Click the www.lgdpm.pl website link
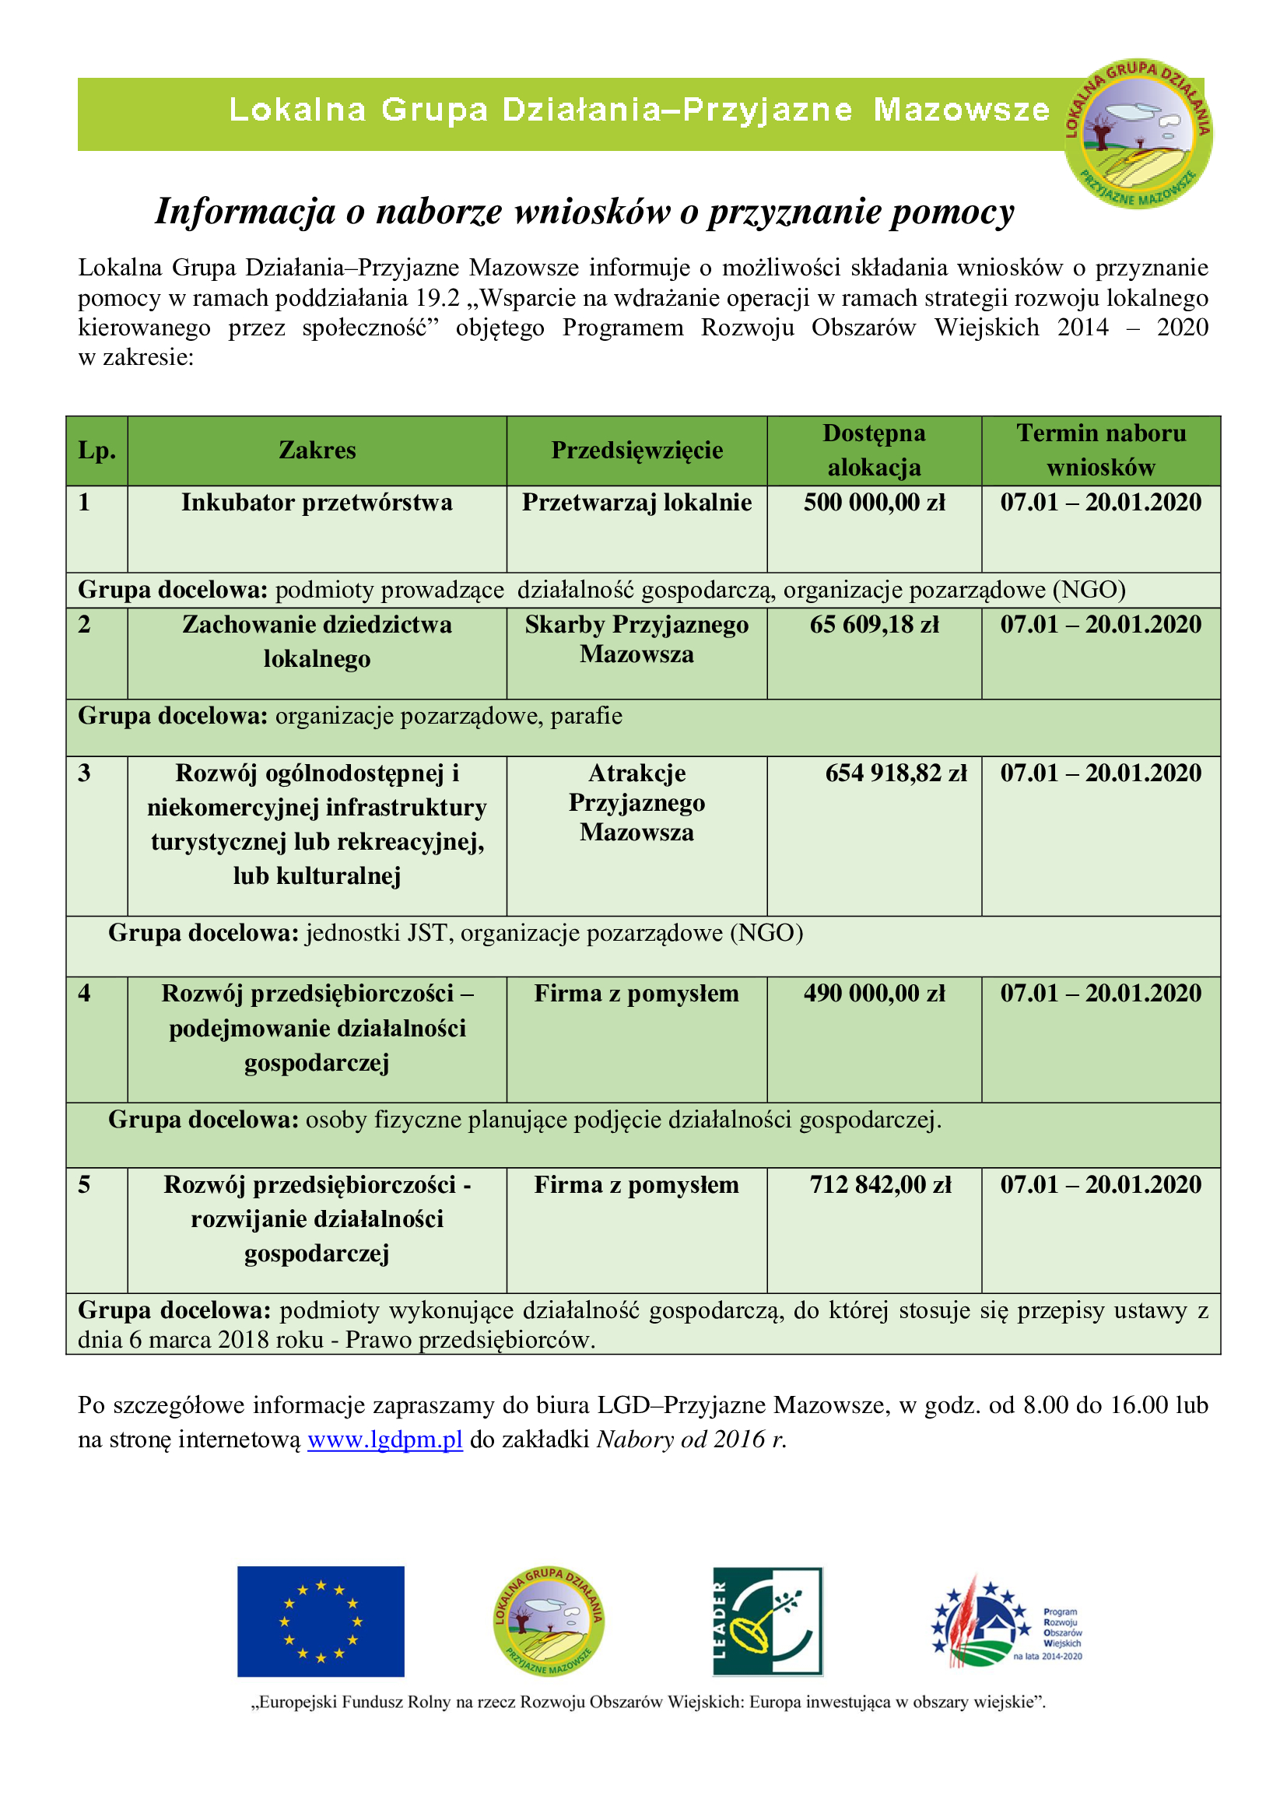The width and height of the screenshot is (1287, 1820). pos(384,1439)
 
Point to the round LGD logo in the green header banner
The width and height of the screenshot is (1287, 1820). pos(1138,133)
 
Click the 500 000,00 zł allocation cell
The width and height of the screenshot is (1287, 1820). pos(874,503)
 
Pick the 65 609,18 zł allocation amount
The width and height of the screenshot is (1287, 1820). pos(874,625)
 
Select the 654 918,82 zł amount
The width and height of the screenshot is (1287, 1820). pos(896,773)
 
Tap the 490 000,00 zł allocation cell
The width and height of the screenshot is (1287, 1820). pos(874,993)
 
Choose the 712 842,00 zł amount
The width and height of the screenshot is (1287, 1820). pos(880,1184)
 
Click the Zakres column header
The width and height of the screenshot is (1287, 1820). pos(317,451)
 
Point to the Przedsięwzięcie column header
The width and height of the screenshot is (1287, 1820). pos(636,451)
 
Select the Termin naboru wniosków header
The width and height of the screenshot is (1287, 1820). pos(1101,451)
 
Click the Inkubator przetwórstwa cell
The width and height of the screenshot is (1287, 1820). pos(317,503)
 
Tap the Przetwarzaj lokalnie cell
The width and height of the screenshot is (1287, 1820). pos(636,503)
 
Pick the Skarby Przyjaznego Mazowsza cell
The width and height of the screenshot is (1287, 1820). pos(636,639)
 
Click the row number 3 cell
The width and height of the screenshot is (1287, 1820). pos(85,773)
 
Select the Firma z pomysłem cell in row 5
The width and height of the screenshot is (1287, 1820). pos(636,1184)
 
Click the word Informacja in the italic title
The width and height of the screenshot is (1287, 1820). pos(245,212)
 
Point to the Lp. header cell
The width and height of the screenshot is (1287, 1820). pos(96,451)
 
